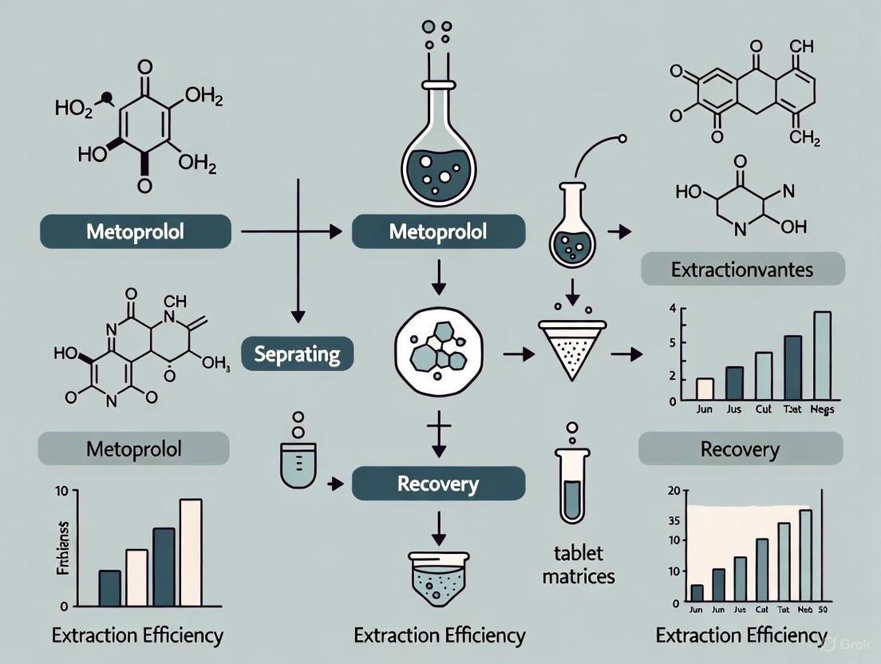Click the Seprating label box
pyautogui.click(x=297, y=354)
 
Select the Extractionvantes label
pyautogui.click(x=741, y=269)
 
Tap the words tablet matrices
pyautogui.click(x=579, y=563)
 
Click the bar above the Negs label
pyautogui.click(x=821, y=355)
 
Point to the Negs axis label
pyautogui.click(x=822, y=410)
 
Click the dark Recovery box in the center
pyautogui.click(x=438, y=484)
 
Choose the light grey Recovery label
pyautogui.click(x=740, y=449)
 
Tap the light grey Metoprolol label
pyautogui.click(x=133, y=449)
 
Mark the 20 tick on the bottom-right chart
pyautogui.click(x=673, y=491)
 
